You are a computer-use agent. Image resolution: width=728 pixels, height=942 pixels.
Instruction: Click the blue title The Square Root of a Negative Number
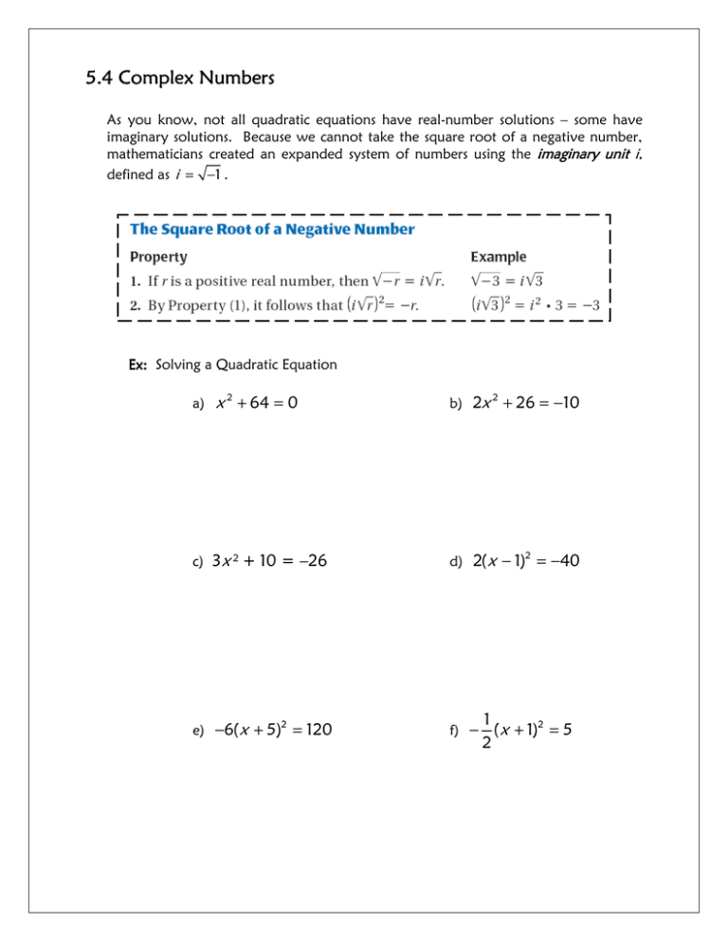point(271,228)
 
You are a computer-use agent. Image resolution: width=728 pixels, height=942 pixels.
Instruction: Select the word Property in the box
point(158,256)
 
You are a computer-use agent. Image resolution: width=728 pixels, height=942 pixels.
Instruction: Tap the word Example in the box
point(500,256)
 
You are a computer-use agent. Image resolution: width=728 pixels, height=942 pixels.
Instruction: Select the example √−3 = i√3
point(508,281)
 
